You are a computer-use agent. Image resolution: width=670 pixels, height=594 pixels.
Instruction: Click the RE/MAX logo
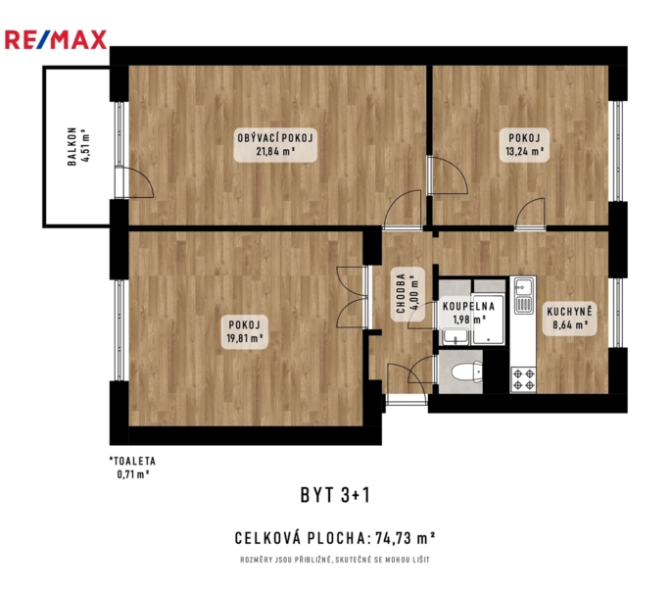click(x=56, y=40)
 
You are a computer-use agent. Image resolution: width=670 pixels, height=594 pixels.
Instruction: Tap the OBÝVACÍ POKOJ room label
click(x=275, y=138)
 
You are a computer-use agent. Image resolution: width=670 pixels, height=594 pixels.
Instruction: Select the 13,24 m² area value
click(x=524, y=151)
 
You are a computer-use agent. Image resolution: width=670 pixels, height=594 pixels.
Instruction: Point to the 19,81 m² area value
click(x=245, y=338)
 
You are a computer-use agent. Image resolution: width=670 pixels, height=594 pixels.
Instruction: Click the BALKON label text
click(x=72, y=146)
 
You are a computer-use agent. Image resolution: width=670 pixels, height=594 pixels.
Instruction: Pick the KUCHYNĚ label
click(x=569, y=312)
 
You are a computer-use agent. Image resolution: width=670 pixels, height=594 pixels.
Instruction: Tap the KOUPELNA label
click(x=469, y=306)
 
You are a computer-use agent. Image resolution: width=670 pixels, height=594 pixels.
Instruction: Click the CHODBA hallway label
click(x=401, y=293)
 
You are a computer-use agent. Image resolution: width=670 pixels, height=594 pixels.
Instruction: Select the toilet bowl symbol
click(x=466, y=371)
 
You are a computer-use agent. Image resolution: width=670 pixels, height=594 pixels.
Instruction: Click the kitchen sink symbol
click(x=524, y=295)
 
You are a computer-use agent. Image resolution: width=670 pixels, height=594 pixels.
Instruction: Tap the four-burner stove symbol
click(x=524, y=379)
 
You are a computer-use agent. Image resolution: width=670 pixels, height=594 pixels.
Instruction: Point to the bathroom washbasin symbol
click(x=455, y=336)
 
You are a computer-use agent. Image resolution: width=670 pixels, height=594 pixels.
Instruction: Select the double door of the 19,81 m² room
click(x=353, y=298)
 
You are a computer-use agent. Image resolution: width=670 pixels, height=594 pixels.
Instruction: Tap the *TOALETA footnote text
click(x=133, y=462)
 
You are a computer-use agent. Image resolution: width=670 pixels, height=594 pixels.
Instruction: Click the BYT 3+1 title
click(x=335, y=495)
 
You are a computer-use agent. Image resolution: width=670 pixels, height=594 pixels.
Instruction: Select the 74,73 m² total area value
click(x=406, y=538)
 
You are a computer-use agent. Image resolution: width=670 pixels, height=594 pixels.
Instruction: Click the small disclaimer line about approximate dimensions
click(x=335, y=560)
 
